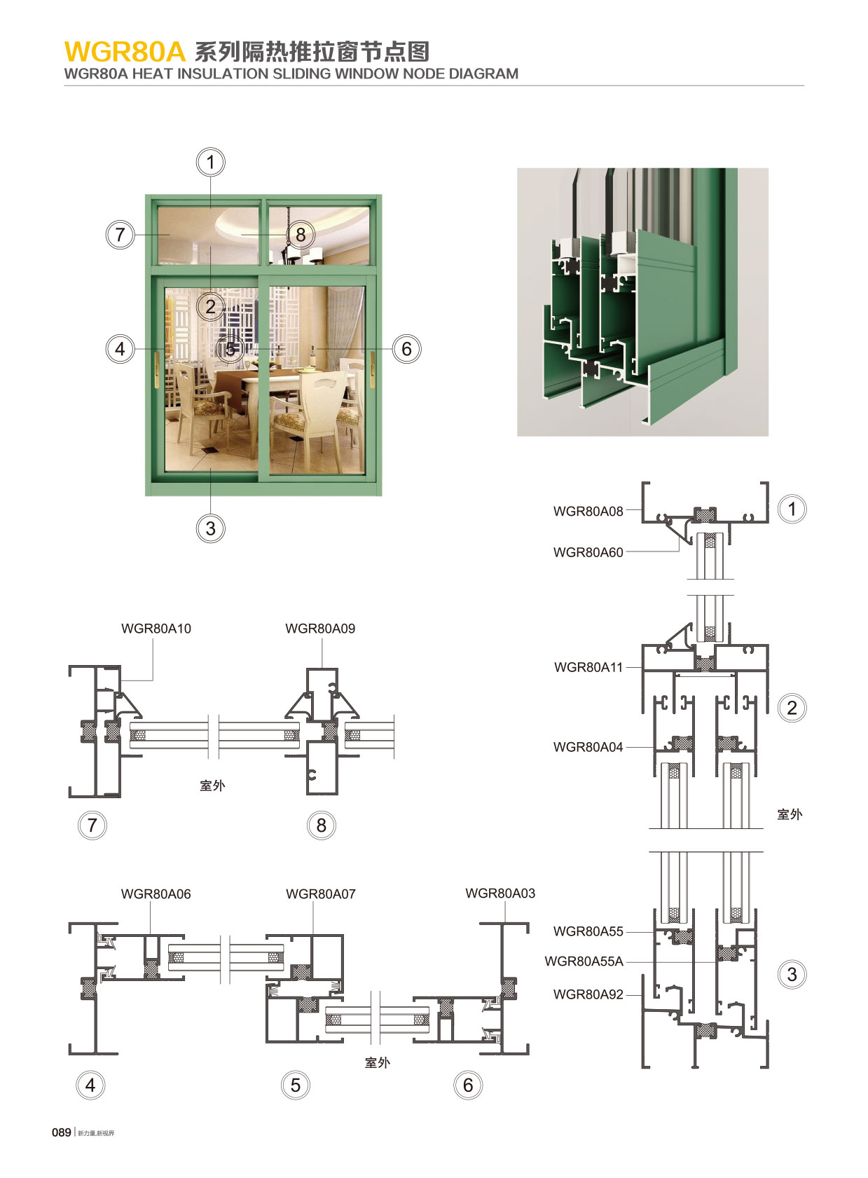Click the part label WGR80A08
pos(588,512)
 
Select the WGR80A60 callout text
pos(588,552)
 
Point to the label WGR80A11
pos(588,667)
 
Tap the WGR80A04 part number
pos(588,747)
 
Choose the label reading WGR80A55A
pos(584,961)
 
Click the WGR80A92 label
pos(588,994)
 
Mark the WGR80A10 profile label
pos(156,629)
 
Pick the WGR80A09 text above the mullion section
pos(320,629)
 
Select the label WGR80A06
pos(156,894)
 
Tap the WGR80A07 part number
pos(321,894)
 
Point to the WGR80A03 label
pos(500,893)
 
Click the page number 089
pos(62,1132)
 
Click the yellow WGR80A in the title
pos(125,52)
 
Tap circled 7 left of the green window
pos(120,234)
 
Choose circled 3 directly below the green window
pos(211,528)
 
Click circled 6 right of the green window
pos(406,349)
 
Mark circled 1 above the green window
pos(210,163)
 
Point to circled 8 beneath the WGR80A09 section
pos(322,826)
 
